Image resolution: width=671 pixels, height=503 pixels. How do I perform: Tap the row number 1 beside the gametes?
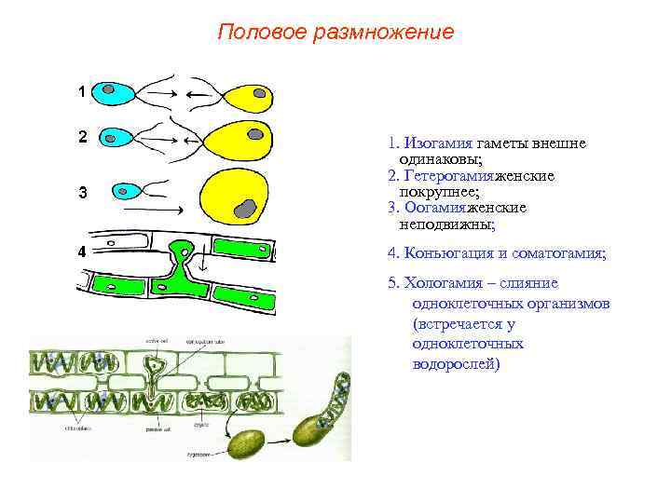pos(83,92)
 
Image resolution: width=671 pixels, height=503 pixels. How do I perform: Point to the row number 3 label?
pos(83,194)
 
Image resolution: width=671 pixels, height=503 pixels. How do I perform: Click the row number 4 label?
pos(83,251)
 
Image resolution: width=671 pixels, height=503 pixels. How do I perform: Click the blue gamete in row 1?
pos(116,93)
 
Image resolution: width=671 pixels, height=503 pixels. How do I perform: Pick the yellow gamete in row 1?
pos(244,96)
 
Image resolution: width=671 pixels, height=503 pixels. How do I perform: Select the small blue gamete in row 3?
pos(126,192)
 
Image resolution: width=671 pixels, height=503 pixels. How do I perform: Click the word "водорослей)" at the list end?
pos(456,363)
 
